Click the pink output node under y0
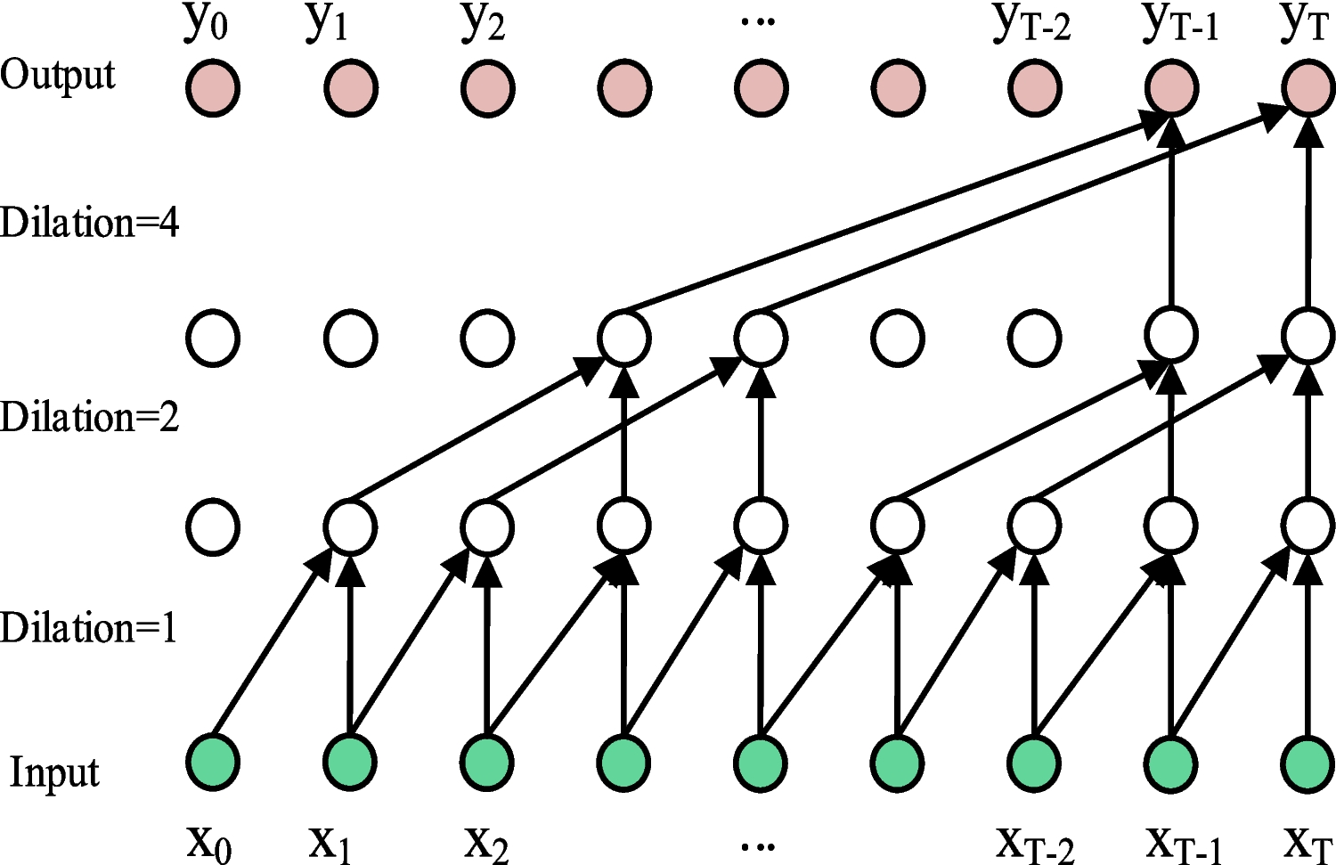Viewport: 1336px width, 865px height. tap(213, 89)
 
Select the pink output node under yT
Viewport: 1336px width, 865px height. tap(1307, 89)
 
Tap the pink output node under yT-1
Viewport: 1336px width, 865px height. tap(1171, 89)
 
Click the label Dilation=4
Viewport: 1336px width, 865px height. tap(89, 223)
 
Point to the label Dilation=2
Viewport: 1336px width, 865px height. tap(89, 417)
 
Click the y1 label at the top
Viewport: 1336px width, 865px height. tap(327, 24)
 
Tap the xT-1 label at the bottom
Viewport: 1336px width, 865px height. tap(1181, 842)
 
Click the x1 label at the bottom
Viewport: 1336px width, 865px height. tap(330, 842)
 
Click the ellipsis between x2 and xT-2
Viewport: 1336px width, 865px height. tap(758, 842)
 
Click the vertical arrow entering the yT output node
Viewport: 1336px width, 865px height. tap(1307, 214)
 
